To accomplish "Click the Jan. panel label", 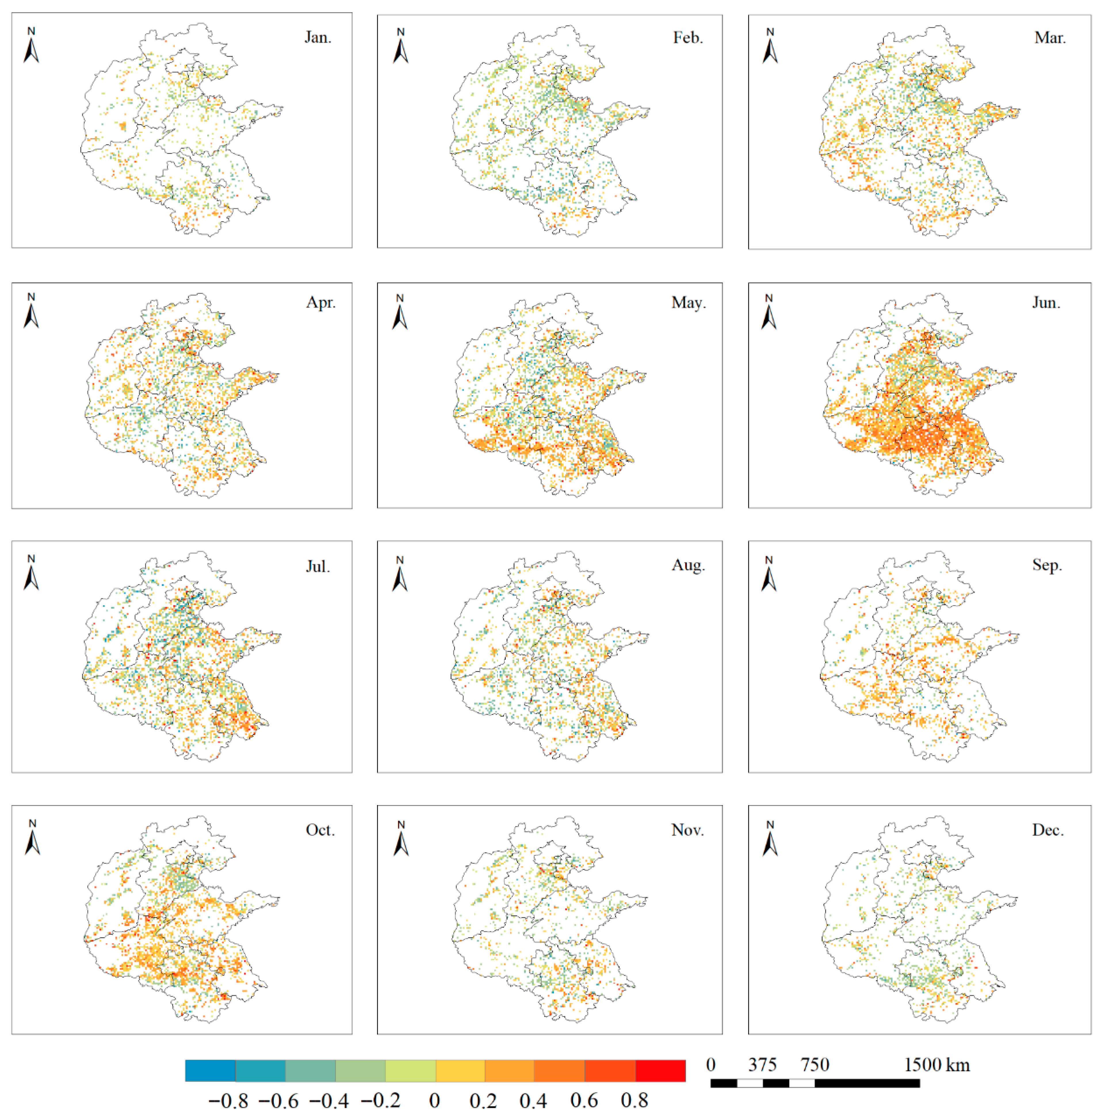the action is click(x=318, y=38).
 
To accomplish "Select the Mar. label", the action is click(x=1050, y=38).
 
